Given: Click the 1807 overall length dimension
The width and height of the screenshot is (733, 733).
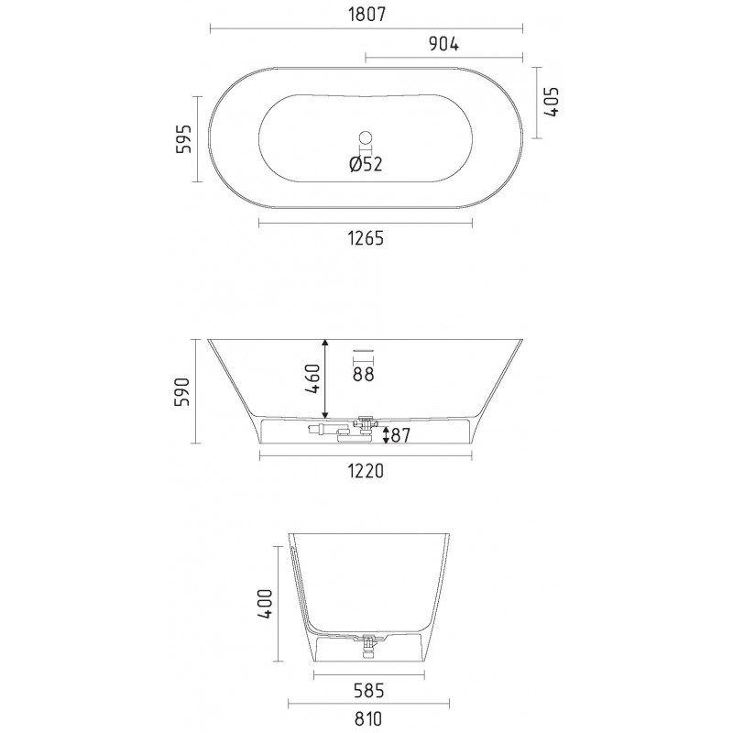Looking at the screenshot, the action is pos(367,15).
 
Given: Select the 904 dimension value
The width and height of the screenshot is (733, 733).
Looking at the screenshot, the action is pos(443,43).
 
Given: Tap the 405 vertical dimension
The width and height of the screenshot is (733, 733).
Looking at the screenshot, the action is pos(552,102).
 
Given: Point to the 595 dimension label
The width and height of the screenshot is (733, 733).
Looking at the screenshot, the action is pos(184,139).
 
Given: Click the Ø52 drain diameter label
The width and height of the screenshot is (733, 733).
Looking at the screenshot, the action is pos(366,164).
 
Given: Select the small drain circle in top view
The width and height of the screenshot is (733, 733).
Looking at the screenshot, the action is pos(366,138).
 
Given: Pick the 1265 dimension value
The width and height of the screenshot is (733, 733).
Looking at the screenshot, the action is pos(366,238).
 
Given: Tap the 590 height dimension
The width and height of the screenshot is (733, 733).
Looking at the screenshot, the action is pos(182,392).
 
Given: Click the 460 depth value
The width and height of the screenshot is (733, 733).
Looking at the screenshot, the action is pos(312,378).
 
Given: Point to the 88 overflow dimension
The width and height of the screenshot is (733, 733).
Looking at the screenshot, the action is pos(363,374).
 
